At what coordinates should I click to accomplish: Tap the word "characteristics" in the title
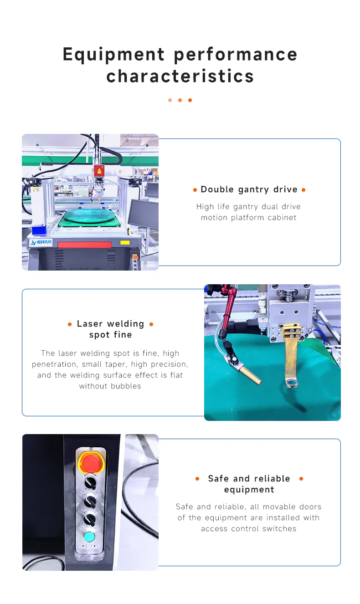pyautogui.click(x=180, y=76)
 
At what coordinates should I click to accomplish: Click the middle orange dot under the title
pyautogui.click(x=180, y=100)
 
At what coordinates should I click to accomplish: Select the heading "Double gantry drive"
pyautogui.click(x=249, y=189)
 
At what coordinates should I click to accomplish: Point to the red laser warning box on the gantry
pyautogui.click(x=98, y=171)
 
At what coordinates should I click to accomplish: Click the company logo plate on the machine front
pyautogui.click(x=41, y=242)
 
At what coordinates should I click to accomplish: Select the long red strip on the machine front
pyautogui.click(x=84, y=245)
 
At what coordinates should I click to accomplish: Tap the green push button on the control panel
pyautogui.click(x=89, y=536)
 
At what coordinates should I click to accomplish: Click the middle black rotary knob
pyautogui.click(x=88, y=500)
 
